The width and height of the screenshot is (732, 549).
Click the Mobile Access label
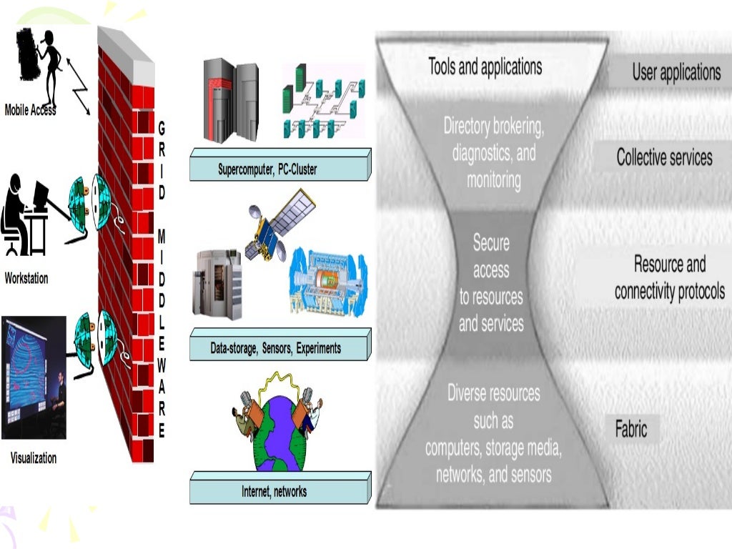pos(30,110)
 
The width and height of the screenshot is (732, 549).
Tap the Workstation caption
pos(26,278)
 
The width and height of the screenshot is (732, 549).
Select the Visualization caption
pos(33,457)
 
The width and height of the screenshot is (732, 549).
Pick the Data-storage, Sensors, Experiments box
pos(276,348)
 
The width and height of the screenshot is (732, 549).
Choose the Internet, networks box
pos(274,491)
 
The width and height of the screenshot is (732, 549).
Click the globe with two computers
pos(275,429)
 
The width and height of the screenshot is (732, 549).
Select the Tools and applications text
pos(485,67)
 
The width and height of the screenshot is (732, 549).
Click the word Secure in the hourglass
pos(491,243)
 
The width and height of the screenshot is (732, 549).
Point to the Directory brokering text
pos(494,127)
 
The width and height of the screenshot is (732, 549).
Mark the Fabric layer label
pos(631,429)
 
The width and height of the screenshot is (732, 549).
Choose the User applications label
pos(676,71)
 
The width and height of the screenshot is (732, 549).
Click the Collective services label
pos(664,157)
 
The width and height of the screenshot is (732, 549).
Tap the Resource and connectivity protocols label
pos(670,278)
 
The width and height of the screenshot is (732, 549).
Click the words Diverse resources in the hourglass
pos(493,392)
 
